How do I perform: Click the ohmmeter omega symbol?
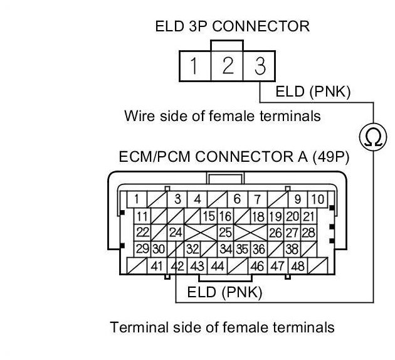click(373, 137)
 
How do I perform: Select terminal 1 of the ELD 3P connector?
click(195, 66)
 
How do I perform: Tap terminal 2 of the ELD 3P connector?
click(227, 66)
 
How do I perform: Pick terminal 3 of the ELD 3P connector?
click(259, 66)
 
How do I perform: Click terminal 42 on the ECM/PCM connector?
click(177, 266)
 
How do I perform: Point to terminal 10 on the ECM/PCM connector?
click(317, 199)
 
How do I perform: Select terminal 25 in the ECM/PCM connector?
click(225, 233)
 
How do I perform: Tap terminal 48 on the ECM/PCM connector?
click(298, 266)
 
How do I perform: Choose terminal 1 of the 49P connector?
click(137, 199)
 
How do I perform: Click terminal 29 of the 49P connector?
click(142, 249)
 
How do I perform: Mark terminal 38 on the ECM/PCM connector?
click(292, 249)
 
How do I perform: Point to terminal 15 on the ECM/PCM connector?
click(209, 216)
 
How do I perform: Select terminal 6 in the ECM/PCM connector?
click(237, 199)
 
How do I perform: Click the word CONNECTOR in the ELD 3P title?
click(261, 26)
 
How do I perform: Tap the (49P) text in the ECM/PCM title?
click(331, 157)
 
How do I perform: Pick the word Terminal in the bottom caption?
click(139, 327)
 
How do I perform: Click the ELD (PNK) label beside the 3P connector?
click(313, 92)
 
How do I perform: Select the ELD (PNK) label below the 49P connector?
click(224, 292)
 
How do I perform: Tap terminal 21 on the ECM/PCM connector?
click(308, 216)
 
